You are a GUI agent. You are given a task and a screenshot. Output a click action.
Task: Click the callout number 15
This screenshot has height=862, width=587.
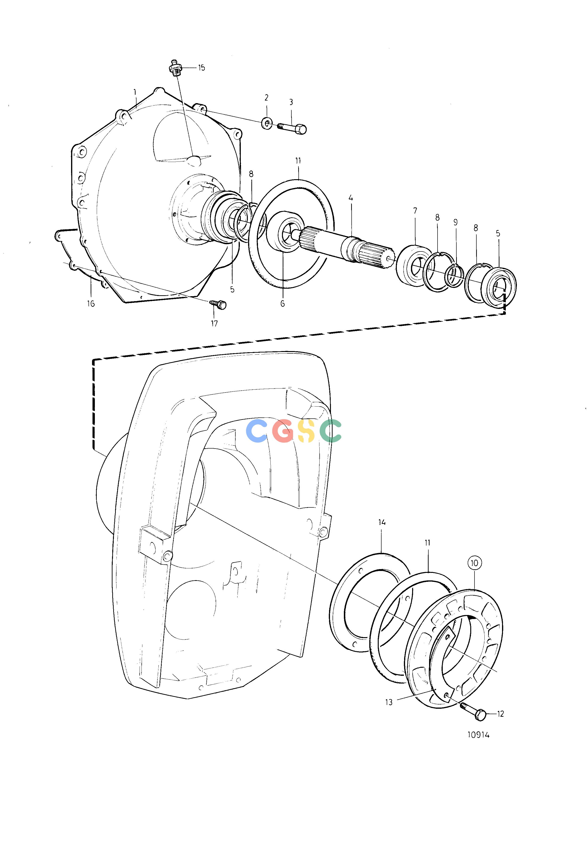pyautogui.click(x=201, y=68)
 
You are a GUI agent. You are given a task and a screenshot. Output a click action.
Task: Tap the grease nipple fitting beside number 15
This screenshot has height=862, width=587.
pyautogui.click(x=175, y=68)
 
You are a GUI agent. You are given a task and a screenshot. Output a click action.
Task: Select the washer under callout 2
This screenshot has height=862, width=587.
pyautogui.click(x=267, y=122)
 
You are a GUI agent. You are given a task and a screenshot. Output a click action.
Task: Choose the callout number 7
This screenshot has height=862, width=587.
pyautogui.click(x=415, y=211)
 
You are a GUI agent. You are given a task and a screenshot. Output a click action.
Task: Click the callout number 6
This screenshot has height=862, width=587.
pyautogui.click(x=283, y=304)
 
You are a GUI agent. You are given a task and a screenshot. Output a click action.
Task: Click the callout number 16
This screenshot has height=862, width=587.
pyautogui.click(x=91, y=304)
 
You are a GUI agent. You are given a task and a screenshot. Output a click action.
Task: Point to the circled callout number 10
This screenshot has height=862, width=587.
pyautogui.click(x=475, y=563)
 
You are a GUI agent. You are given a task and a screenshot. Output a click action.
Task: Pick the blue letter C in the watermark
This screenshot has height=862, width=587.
pyautogui.click(x=257, y=431)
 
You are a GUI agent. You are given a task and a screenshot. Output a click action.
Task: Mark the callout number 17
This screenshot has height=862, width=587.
pyautogui.click(x=214, y=324)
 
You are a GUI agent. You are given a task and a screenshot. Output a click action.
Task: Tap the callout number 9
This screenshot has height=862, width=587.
pyautogui.click(x=455, y=222)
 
